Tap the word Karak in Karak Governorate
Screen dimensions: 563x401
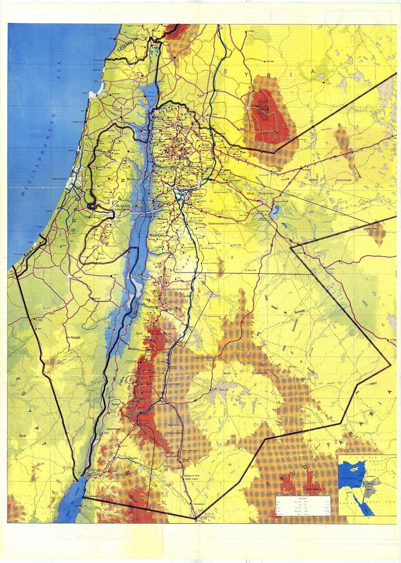click(x=167, y=290)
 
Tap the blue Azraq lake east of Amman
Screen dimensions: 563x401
click(x=276, y=211)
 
